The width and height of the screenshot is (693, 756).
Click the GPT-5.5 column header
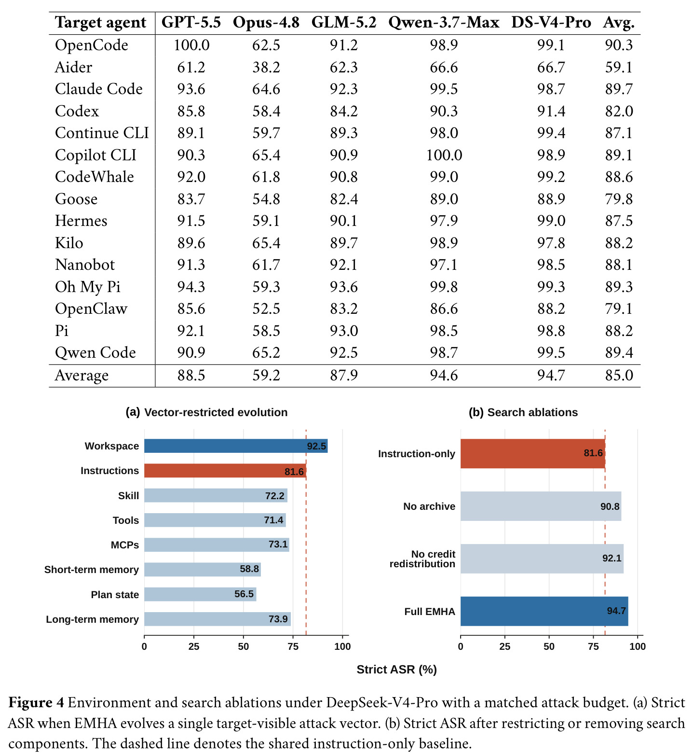click(x=191, y=22)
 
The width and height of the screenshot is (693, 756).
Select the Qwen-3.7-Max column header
click(x=444, y=23)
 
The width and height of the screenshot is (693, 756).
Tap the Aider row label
click(x=73, y=67)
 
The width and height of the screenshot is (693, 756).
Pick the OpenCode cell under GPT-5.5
click(x=191, y=45)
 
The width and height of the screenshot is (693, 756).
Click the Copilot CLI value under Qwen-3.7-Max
click(x=444, y=155)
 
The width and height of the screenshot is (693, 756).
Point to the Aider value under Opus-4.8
click(x=266, y=67)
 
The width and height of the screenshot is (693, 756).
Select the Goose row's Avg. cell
click(x=619, y=199)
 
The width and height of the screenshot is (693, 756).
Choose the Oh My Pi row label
click(x=87, y=287)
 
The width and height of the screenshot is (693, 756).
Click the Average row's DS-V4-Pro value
click(x=551, y=375)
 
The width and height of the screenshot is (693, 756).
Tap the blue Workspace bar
click(x=236, y=446)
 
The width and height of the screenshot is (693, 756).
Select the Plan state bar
click(x=200, y=594)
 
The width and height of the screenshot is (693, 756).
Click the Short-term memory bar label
click(x=92, y=570)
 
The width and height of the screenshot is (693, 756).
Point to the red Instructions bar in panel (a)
click(x=225, y=471)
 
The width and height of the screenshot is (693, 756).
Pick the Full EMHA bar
click(x=544, y=611)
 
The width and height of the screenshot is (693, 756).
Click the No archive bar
click(x=541, y=506)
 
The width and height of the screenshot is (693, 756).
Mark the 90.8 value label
click(x=610, y=506)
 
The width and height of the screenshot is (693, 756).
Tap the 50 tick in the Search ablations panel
click(x=549, y=646)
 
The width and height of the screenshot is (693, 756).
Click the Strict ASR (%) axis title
click(x=396, y=670)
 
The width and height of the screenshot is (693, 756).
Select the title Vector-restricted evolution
click(x=216, y=412)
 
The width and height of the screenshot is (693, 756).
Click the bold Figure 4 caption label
click(x=36, y=702)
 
